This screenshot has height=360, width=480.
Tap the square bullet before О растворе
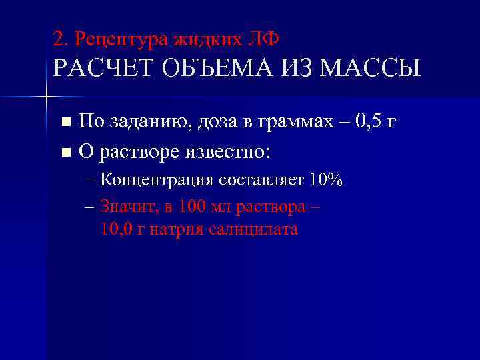tap(65, 153)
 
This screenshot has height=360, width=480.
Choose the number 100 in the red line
tap(194, 206)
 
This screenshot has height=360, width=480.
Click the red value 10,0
tap(115, 230)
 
